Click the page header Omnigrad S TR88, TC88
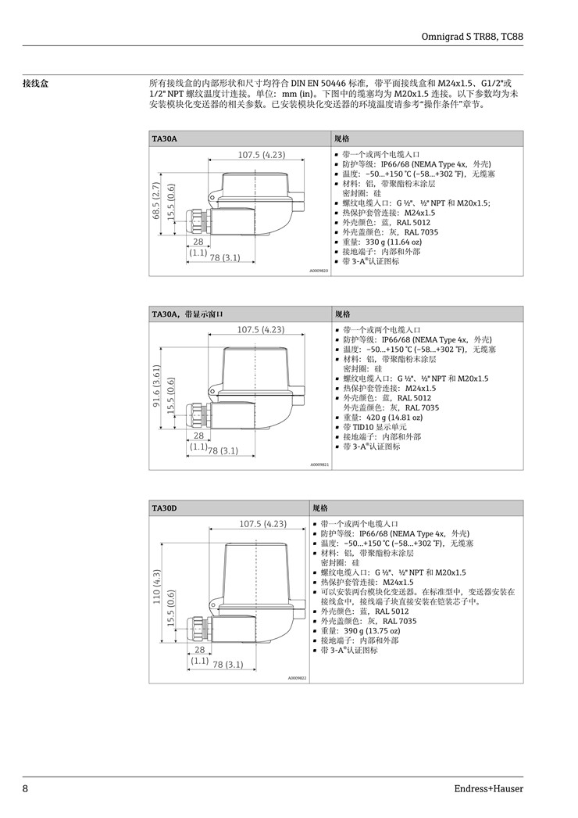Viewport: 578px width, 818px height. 472,37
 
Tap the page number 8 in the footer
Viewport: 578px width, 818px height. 25,788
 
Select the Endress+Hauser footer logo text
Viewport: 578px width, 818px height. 488,788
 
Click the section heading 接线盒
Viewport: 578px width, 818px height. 35,84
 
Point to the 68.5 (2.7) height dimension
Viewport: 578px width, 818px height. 155,201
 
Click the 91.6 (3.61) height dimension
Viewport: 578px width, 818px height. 155,385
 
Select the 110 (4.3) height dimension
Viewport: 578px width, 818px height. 157,587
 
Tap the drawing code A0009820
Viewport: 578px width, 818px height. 319,271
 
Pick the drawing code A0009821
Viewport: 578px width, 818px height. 319,465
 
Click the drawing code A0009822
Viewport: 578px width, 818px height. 297,678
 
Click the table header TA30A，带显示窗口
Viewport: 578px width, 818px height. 187,314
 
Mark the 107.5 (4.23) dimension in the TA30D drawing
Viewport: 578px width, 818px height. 262,523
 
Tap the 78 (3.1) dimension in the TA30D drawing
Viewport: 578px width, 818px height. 228,664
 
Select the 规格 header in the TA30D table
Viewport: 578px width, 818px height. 320,508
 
